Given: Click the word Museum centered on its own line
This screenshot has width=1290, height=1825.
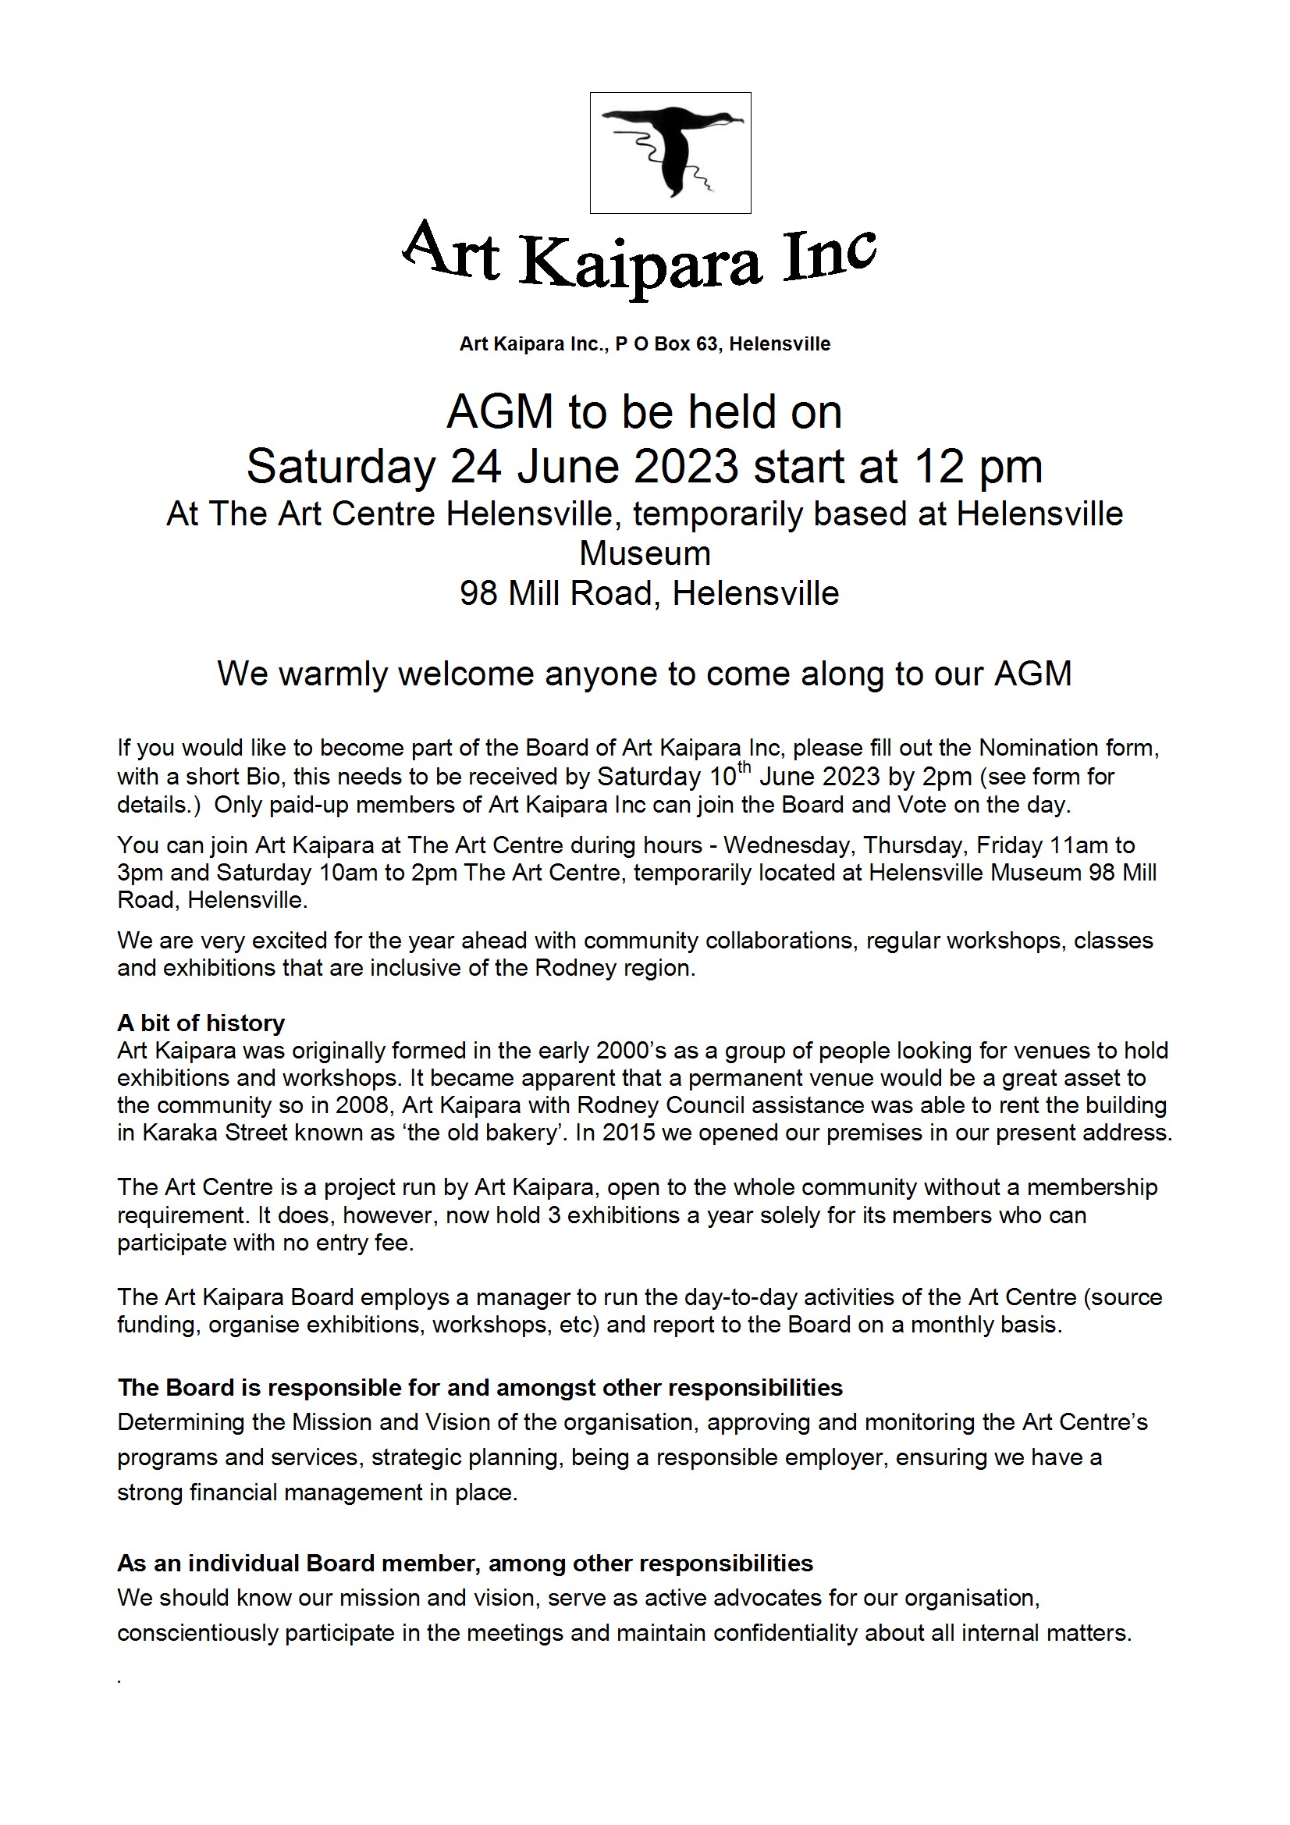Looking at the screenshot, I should click(x=645, y=554).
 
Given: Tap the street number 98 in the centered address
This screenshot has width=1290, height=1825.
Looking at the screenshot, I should click(x=478, y=594).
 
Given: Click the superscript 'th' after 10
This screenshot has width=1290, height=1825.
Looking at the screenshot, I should click(x=744, y=768).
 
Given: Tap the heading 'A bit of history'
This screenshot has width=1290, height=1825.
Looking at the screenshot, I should click(x=201, y=1023).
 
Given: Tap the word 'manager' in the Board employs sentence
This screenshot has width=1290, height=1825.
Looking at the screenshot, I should click(x=524, y=1298).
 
